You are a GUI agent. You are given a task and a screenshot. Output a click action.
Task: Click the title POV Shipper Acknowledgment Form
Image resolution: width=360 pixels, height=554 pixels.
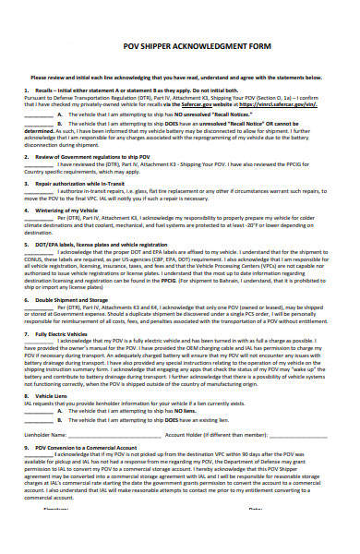pyautogui.click(x=180, y=54)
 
